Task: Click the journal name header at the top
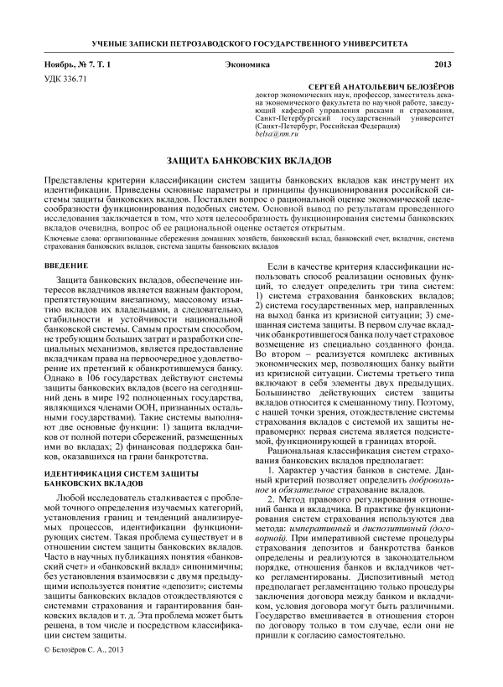tap(251, 43)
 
